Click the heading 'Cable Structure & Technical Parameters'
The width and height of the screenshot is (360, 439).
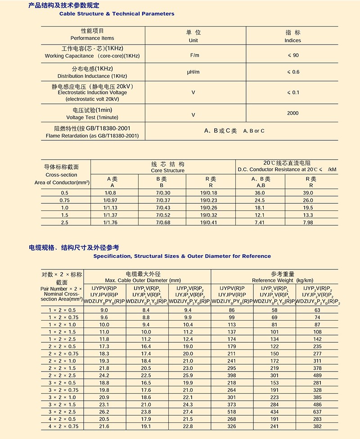[x=117, y=14]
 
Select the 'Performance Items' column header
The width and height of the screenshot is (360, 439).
[x=92, y=38]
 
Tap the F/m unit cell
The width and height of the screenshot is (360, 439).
[x=193, y=56]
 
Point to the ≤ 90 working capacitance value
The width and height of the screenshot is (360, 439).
[x=293, y=56]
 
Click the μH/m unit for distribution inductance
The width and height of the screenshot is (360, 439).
[x=193, y=72]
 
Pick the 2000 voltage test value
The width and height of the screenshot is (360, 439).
[x=292, y=113]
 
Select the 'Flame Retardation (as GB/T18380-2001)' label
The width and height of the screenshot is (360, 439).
[x=92, y=135]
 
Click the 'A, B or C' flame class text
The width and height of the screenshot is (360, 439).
[x=254, y=131]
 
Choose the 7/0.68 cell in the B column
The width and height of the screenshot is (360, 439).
[x=163, y=223]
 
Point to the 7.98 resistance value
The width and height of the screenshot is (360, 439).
[x=308, y=223]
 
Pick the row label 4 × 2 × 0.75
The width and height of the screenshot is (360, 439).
[x=62, y=426]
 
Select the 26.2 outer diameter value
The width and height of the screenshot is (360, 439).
[x=104, y=412]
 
